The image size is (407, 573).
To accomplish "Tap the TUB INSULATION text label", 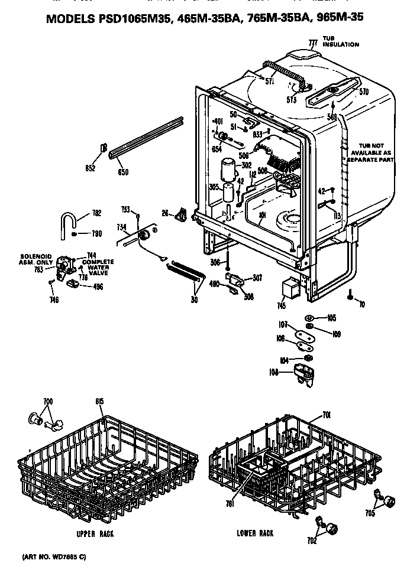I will click(x=340, y=42).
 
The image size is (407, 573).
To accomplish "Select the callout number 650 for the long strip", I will click(x=123, y=172).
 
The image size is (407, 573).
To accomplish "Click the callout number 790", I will click(x=96, y=234).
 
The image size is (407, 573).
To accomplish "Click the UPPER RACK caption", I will click(x=95, y=534).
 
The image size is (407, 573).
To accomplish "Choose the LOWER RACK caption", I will click(x=255, y=533).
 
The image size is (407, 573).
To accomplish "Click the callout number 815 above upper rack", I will click(x=99, y=402).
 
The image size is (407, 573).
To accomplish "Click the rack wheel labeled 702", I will click(x=331, y=526).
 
